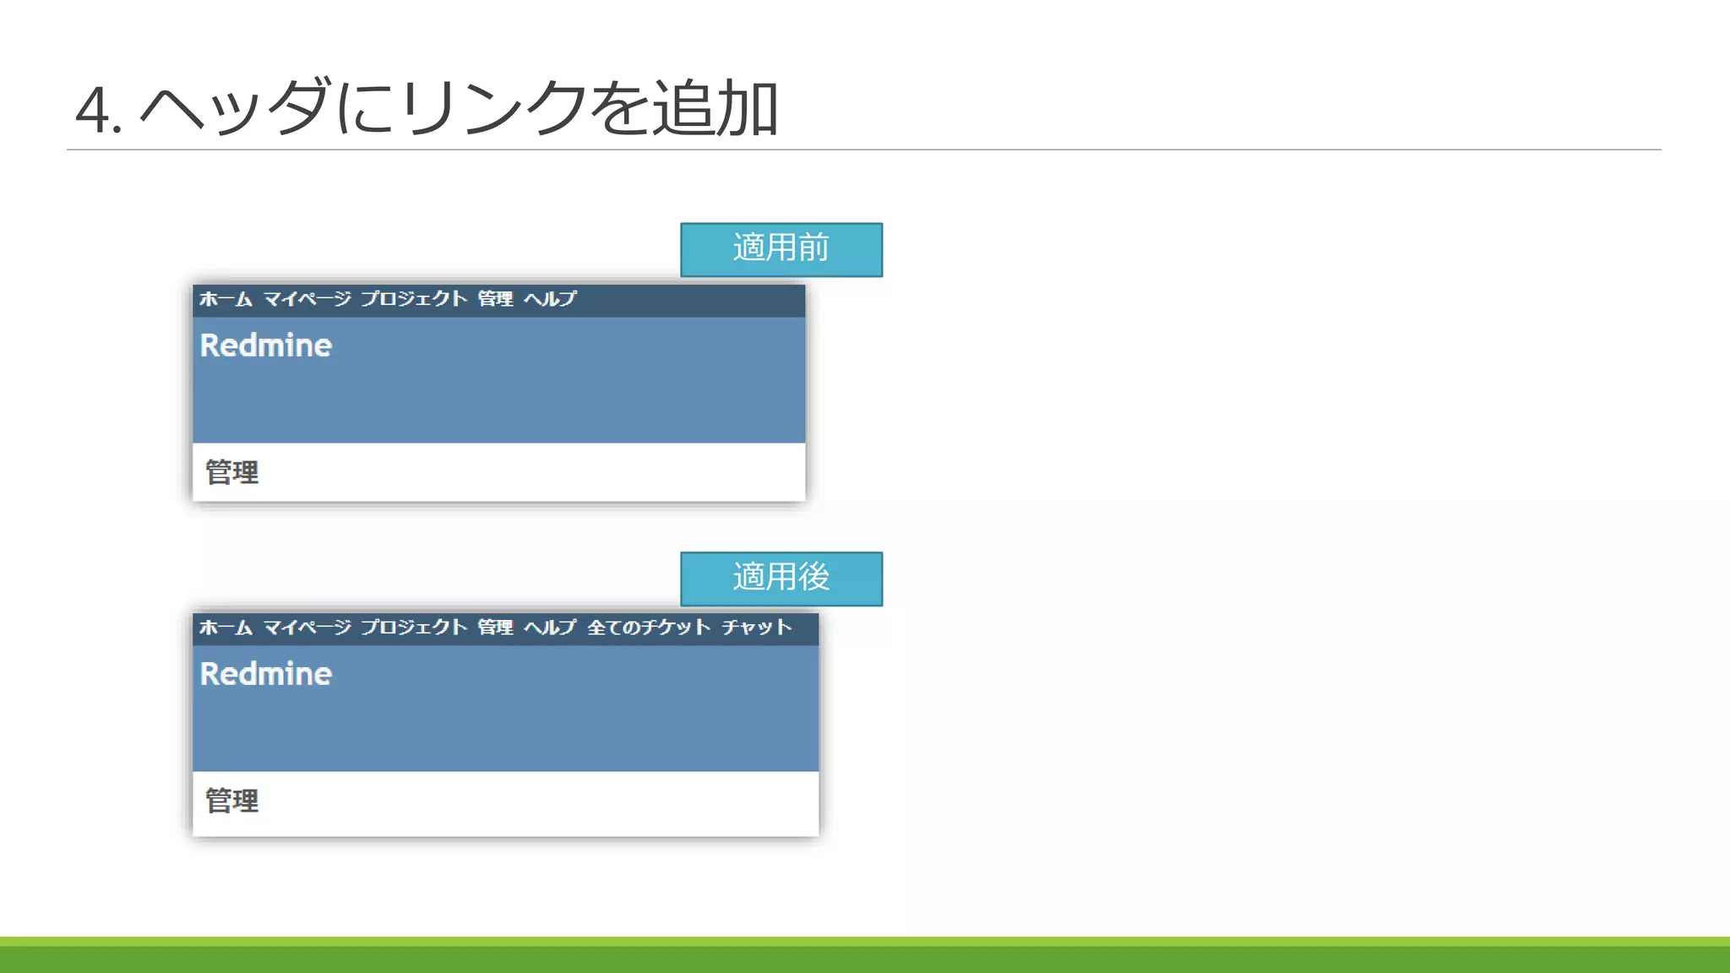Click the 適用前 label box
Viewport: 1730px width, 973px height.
781,249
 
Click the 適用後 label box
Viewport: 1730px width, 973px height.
781,579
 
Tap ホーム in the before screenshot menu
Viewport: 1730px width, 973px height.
226,299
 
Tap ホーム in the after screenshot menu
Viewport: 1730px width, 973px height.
226,628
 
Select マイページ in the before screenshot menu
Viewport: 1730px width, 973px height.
307,299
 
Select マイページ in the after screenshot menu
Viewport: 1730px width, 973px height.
307,628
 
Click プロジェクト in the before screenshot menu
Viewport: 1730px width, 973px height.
414,299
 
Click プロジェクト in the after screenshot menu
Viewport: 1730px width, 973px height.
414,628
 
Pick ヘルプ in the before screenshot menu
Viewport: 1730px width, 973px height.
550,299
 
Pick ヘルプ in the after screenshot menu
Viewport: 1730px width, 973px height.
550,628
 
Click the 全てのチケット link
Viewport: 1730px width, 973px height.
649,628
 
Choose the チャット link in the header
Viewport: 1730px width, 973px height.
757,628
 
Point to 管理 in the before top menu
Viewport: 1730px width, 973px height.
495,299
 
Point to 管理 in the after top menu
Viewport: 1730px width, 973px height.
495,628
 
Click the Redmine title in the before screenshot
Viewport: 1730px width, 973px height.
265,345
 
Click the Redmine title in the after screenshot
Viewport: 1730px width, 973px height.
265,674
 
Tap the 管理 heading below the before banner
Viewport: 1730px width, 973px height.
232,472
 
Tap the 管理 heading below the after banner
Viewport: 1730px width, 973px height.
232,801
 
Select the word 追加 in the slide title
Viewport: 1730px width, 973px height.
715,108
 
